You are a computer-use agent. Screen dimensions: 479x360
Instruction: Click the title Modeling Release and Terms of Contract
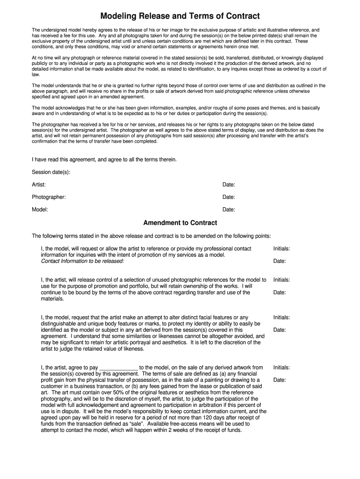click(x=180, y=16)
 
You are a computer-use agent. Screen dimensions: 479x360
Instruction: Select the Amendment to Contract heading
click(x=180, y=223)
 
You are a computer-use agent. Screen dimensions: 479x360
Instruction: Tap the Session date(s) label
click(x=51, y=172)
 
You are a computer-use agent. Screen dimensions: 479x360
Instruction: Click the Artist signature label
click(x=39, y=185)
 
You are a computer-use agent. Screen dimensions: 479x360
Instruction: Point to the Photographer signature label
click(x=49, y=197)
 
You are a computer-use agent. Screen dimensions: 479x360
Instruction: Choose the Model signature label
click(x=40, y=210)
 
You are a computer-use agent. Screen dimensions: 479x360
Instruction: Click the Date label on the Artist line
click(x=229, y=185)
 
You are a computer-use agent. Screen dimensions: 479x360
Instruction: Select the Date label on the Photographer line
click(x=229, y=197)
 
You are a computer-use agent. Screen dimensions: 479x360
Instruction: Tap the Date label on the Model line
click(x=229, y=210)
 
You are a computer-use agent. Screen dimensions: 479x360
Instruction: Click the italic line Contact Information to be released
click(x=83, y=261)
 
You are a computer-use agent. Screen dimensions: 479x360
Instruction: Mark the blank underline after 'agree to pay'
click(x=119, y=368)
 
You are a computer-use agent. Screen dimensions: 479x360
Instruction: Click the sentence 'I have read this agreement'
click(x=104, y=160)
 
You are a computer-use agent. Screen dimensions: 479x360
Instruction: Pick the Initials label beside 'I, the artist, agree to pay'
click(x=281, y=368)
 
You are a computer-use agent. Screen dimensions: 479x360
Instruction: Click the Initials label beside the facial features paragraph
click(x=281, y=317)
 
